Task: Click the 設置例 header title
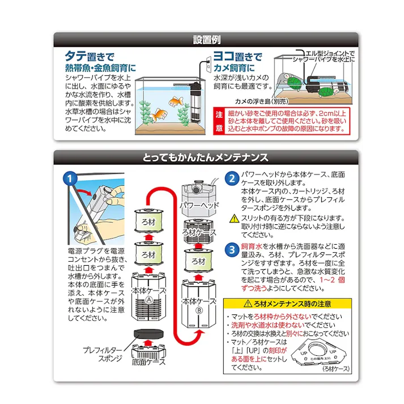207,40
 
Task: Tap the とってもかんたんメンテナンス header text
205,158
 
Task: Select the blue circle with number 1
70,178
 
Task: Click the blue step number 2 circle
232,178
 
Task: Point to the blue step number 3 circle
232,250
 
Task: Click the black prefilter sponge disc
148,333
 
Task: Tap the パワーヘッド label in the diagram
199,205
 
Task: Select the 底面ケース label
148,362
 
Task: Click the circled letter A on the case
148,300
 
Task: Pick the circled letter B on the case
199,311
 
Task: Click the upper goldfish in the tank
176,101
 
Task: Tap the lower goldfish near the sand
159,114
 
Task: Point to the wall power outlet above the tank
209,63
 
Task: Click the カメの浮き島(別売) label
262,101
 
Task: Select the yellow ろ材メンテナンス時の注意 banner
287,304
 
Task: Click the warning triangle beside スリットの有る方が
234,219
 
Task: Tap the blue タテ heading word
75,56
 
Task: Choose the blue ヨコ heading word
224,56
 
